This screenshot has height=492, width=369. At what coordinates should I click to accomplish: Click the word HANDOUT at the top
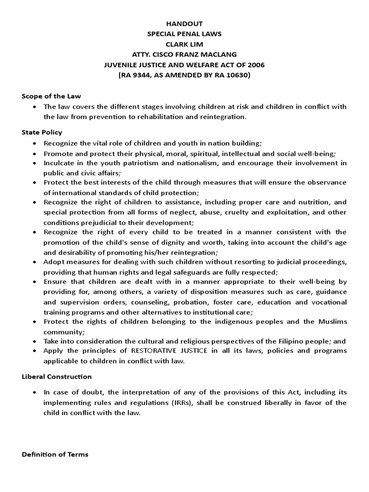tap(184, 24)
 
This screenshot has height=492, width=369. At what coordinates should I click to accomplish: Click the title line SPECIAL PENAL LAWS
tap(184, 34)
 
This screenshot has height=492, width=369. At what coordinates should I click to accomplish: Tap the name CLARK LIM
tap(184, 44)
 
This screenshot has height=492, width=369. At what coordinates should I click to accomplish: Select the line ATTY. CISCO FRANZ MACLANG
tap(184, 55)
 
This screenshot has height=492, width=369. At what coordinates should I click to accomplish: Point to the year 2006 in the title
tap(254, 65)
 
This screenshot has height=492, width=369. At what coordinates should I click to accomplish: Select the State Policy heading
tap(42, 132)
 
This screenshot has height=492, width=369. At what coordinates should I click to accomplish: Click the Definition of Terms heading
tap(55, 454)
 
